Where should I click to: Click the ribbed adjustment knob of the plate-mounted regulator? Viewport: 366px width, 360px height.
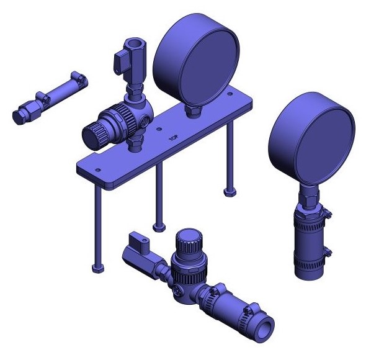tap(97, 133)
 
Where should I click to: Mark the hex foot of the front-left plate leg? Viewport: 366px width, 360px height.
tap(96, 268)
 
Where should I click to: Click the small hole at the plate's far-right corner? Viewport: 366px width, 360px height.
tap(230, 94)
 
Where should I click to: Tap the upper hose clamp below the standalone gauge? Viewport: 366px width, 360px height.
tap(312, 214)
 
